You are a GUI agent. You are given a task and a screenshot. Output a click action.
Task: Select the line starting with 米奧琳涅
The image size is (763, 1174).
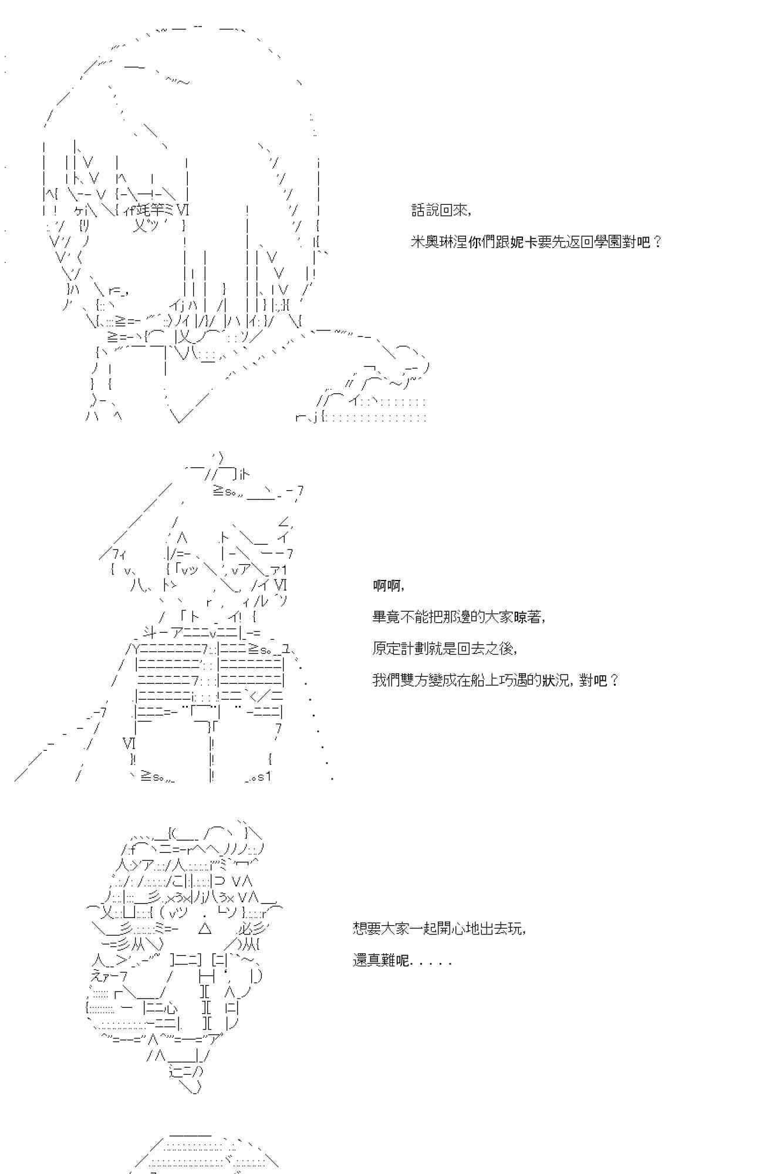pyautogui.click(x=536, y=242)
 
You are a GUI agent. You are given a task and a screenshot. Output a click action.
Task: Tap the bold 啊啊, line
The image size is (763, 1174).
pyautogui.click(x=389, y=586)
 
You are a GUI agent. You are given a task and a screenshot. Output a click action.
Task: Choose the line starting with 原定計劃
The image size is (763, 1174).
pyautogui.click(x=444, y=649)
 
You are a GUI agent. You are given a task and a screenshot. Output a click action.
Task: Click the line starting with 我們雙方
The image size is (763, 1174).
pyautogui.click(x=495, y=680)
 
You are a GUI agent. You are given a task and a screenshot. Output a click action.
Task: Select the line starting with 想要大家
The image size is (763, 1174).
pyautogui.click(x=439, y=929)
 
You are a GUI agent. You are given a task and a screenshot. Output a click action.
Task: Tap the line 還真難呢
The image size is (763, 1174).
pyautogui.click(x=401, y=962)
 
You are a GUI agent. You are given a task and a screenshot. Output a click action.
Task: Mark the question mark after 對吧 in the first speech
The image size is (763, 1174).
pyautogui.click(x=657, y=242)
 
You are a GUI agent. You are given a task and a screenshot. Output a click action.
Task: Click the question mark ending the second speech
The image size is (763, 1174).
pyautogui.click(x=614, y=680)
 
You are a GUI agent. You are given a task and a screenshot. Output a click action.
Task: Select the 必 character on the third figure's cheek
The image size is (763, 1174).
pyautogui.click(x=246, y=929)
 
